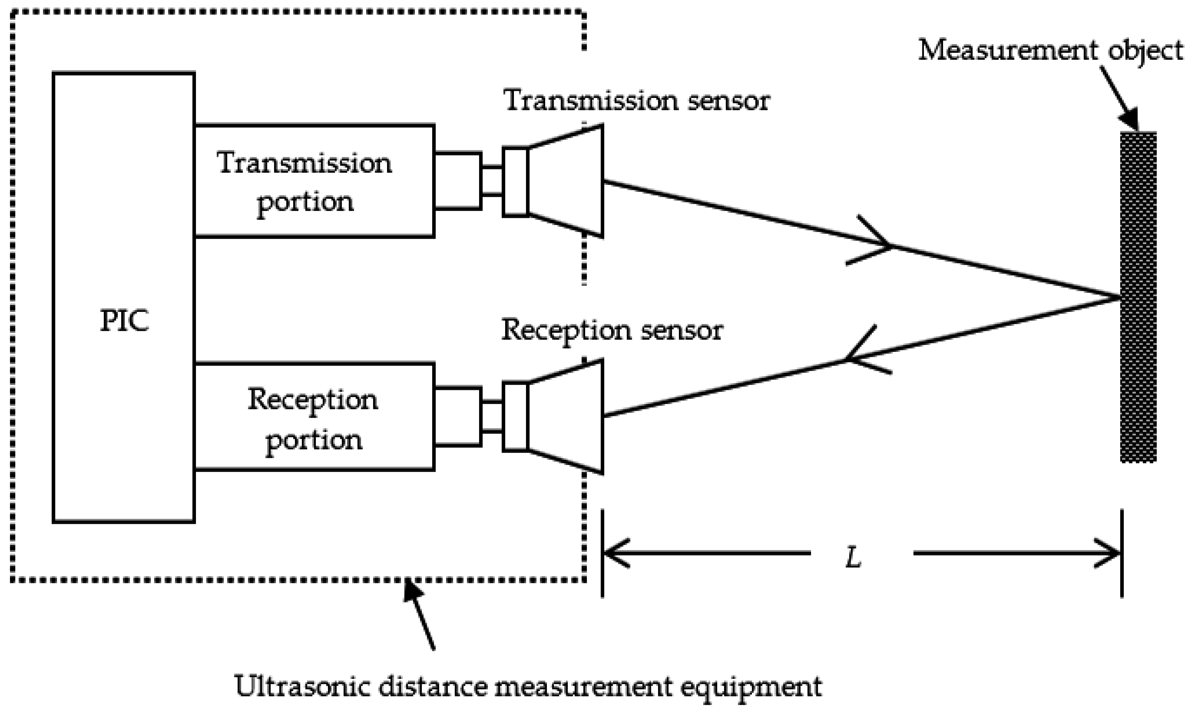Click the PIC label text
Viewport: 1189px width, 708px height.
124,321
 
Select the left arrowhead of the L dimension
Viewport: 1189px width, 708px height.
615,553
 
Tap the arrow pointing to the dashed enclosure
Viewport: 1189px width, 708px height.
420,615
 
